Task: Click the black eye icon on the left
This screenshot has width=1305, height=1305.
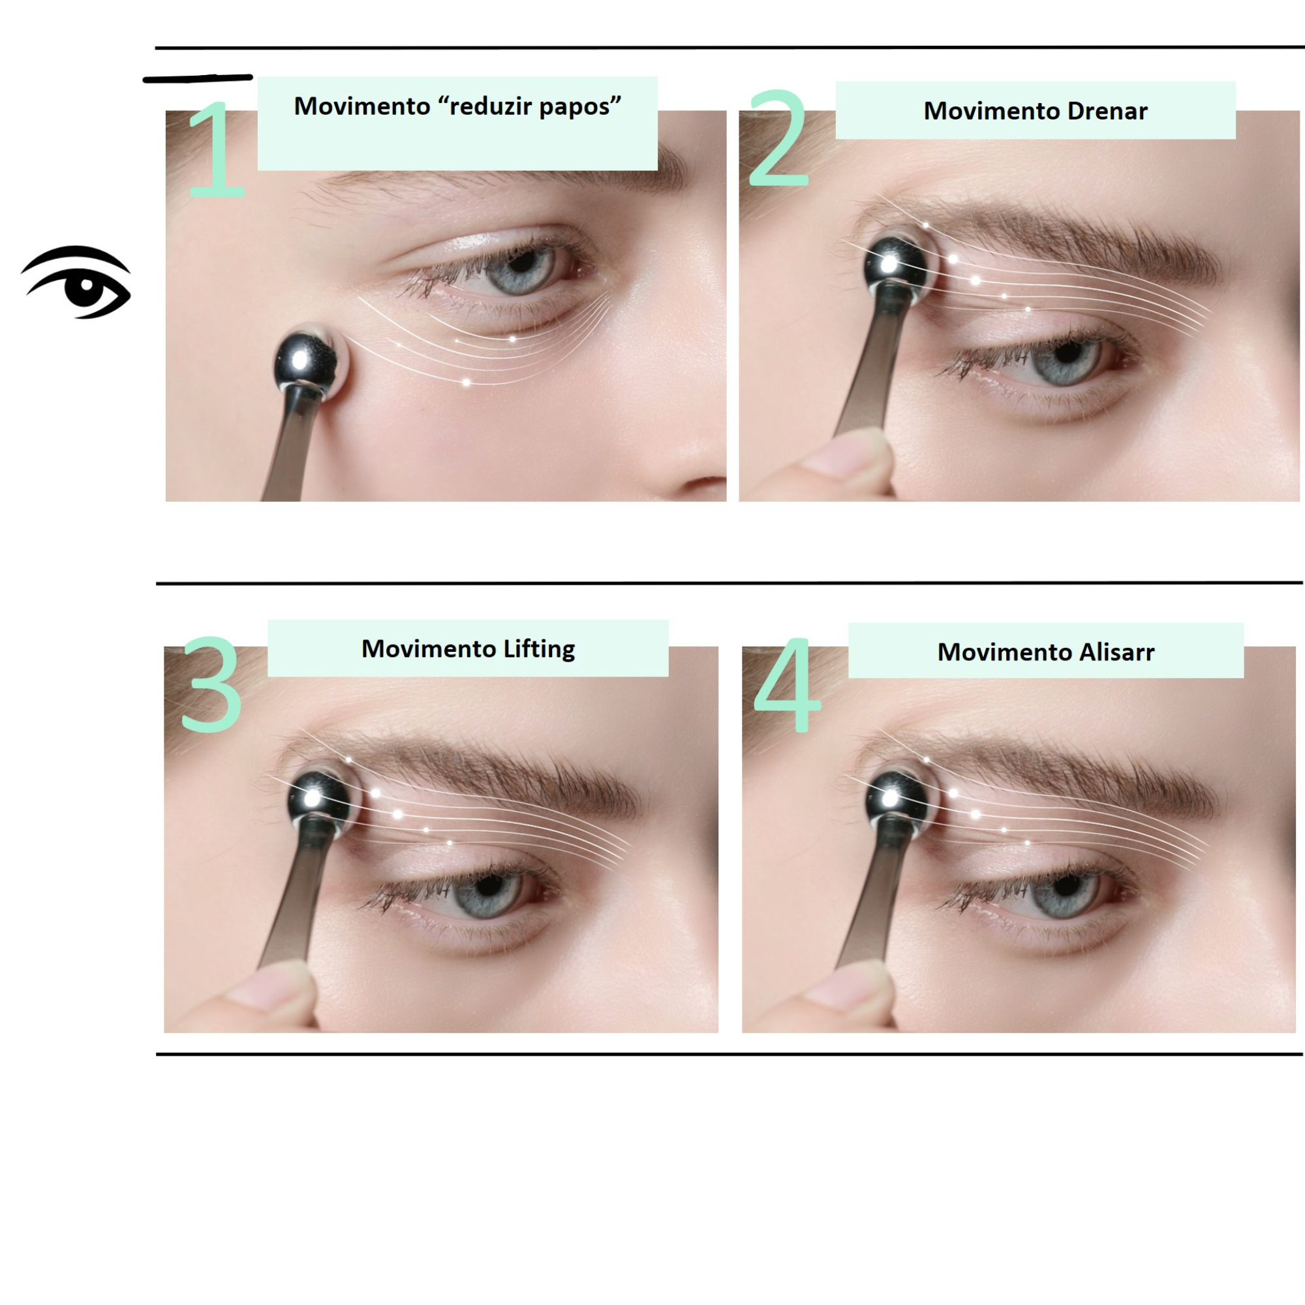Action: click(x=76, y=282)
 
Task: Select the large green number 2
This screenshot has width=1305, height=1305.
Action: click(x=778, y=138)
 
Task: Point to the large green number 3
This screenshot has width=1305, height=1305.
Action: click(x=211, y=684)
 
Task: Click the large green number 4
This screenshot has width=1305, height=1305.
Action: click(x=787, y=684)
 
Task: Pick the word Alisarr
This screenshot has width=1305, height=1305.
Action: click(x=1116, y=652)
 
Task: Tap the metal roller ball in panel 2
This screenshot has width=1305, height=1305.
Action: click(x=900, y=268)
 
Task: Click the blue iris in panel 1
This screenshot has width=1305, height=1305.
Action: click(x=519, y=269)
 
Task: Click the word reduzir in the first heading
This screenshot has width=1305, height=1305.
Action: click(x=484, y=106)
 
